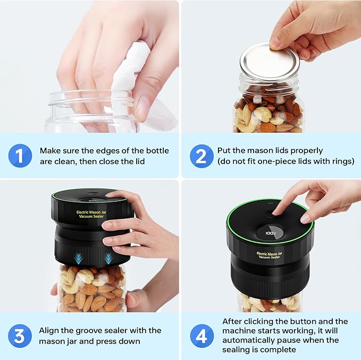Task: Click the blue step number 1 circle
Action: click(x=19, y=156)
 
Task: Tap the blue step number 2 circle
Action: click(x=202, y=156)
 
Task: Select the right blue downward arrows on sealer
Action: click(x=109, y=258)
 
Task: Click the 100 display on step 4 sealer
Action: click(x=271, y=232)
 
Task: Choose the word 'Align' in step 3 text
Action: click(x=50, y=330)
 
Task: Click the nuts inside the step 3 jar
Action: click(x=90, y=292)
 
